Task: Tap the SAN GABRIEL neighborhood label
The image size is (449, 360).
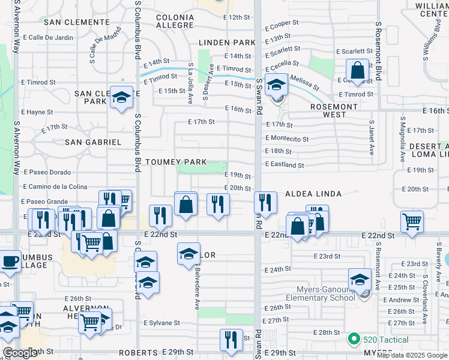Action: [93, 142]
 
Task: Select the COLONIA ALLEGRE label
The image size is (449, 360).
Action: [175, 21]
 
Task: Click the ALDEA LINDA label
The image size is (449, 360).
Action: [313, 194]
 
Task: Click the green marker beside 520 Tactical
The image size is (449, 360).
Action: [354, 340]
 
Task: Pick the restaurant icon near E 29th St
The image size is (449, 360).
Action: [231, 340]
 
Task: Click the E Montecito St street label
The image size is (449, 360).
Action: [287, 139]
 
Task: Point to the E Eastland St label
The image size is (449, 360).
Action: [285, 165]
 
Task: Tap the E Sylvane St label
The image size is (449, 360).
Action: [161, 323]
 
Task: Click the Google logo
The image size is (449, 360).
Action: [20, 353]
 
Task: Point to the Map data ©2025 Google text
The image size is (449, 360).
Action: [412, 355]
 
